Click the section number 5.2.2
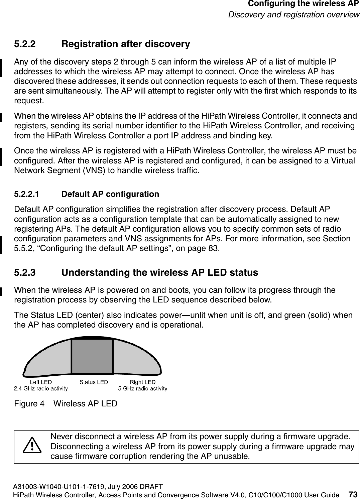pos(25,44)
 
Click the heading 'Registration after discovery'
pos(126,44)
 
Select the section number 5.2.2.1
pos(26,194)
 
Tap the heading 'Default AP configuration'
pos(110,194)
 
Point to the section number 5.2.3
pos(25,273)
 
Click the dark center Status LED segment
pos(92,356)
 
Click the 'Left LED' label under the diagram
pos(41,382)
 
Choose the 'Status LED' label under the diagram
pos(94,382)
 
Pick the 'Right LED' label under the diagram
pos(143,382)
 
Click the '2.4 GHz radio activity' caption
pos(41,388)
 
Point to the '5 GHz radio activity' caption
pos(143,388)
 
